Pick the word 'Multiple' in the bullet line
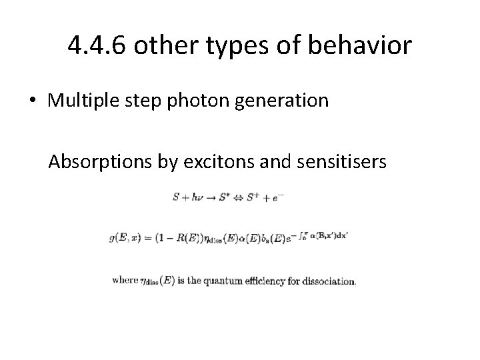[x=78, y=101]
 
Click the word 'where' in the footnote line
[x=125, y=281]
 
